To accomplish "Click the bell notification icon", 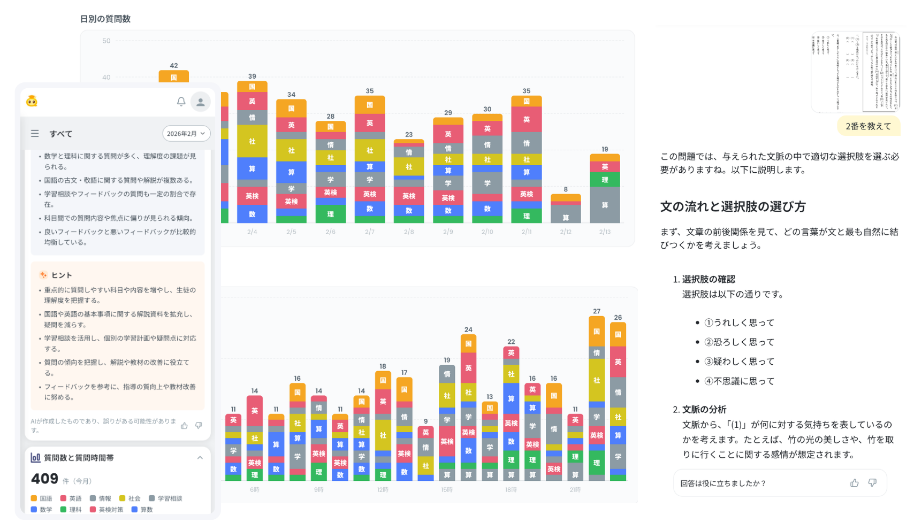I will click(181, 102).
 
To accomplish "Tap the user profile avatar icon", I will click(201, 102).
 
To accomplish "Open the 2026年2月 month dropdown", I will click(186, 134).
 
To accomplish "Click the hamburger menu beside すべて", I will click(35, 134).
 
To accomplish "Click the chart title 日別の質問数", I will click(105, 19).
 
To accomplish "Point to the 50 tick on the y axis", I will click(106, 41).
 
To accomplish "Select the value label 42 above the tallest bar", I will click(174, 66).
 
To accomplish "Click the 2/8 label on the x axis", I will click(409, 232).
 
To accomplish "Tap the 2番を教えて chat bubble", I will click(868, 126).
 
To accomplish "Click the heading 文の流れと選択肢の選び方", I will click(733, 207).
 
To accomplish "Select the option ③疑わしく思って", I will click(739, 362).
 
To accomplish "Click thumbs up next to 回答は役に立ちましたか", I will click(854, 483).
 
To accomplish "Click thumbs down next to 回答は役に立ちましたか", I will click(872, 483).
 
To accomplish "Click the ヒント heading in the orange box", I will click(62, 275).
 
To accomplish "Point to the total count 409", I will click(44, 479).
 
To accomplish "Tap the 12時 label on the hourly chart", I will click(383, 490).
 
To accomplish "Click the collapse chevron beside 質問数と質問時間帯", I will click(200, 458).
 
